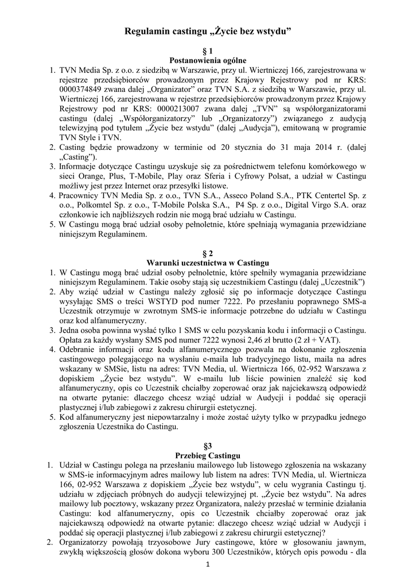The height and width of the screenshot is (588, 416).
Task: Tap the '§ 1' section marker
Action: [208, 51]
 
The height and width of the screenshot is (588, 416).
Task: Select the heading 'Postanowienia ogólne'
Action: [208, 60]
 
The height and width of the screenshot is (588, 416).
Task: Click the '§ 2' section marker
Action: [208, 253]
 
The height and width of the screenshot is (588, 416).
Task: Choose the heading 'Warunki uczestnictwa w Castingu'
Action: [208, 262]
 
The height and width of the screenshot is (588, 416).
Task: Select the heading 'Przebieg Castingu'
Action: [208, 455]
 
